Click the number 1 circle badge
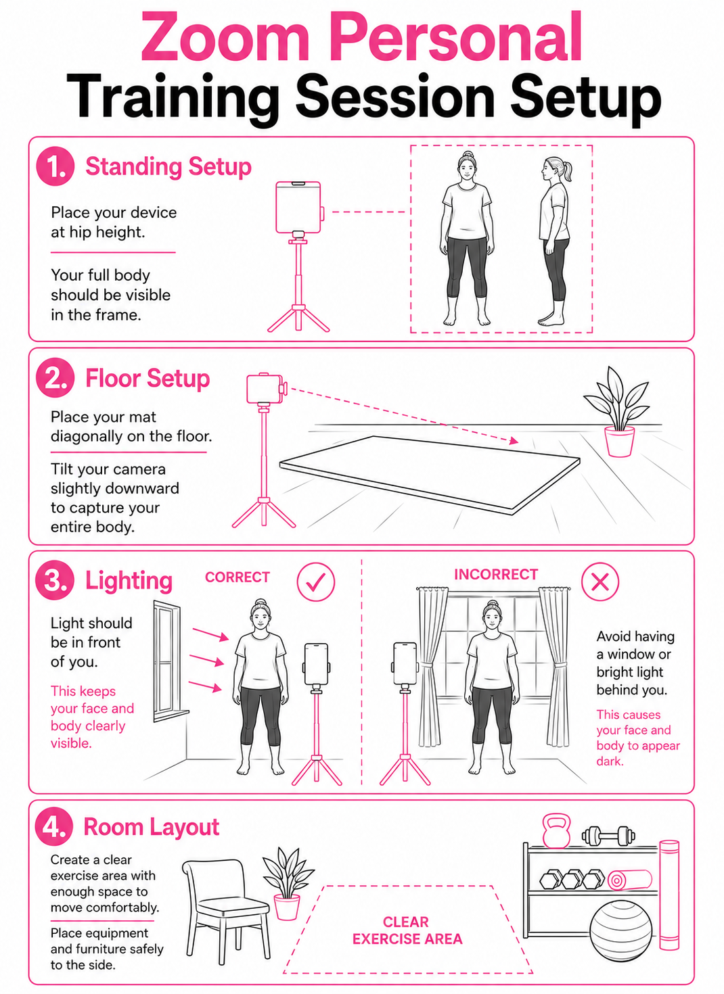tap(55, 166)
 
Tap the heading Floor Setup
tap(147, 379)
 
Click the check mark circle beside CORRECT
tap(316, 582)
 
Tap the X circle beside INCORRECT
tap(600, 582)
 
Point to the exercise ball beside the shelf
tap(621, 931)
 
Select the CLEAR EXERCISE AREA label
tap(407, 930)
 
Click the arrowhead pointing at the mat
tap(514, 441)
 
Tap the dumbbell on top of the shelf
tap(608, 836)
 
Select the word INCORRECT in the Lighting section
tap(496, 574)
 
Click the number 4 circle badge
tap(54, 827)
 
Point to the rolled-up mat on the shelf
tap(629, 880)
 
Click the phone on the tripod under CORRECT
tap(316, 664)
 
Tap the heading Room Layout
tap(152, 827)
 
